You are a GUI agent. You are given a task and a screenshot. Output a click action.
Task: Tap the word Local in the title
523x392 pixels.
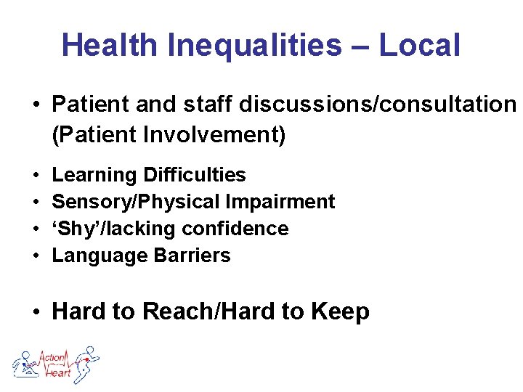click(419, 45)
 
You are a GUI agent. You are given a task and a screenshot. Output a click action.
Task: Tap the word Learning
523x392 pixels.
click(94, 176)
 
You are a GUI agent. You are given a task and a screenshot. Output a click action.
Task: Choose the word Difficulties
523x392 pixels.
click(194, 175)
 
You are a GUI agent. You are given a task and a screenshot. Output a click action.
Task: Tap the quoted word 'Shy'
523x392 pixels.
click(77, 229)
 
